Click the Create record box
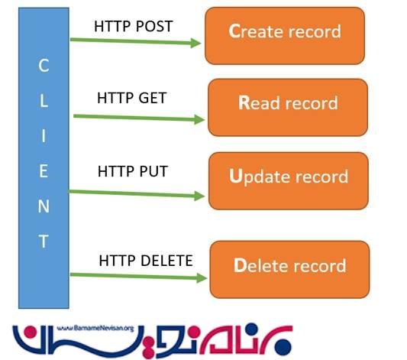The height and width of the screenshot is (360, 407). [x=285, y=36]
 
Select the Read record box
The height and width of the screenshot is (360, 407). [x=288, y=107]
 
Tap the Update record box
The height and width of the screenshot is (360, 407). [x=289, y=181]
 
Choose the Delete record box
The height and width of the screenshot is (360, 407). [x=289, y=269]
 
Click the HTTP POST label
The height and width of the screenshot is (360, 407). [x=134, y=26]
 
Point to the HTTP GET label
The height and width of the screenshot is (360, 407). [x=131, y=98]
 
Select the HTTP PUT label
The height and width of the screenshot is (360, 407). [x=133, y=171]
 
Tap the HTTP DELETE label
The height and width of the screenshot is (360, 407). [x=146, y=261]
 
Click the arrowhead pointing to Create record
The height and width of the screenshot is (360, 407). [x=195, y=43]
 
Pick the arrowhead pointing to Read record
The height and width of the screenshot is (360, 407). [x=199, y=119]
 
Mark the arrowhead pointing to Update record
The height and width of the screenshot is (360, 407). [x=199, y=196]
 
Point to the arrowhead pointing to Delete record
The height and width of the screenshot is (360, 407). [x=202, y=278]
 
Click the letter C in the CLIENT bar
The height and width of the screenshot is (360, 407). [x=44, y=65]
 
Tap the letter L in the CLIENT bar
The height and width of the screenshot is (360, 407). [x=44, y=101]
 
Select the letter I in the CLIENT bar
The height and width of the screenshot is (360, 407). [x=44, y=136]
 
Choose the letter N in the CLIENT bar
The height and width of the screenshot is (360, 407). [x=44, y=206]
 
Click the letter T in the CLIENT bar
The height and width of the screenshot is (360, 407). [x=44, y=242]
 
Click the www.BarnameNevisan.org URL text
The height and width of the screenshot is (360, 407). [x=95, y=328]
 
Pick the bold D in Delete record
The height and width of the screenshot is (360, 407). [x=240, y=265]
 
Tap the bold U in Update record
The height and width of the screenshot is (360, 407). [x=235, y=176]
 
